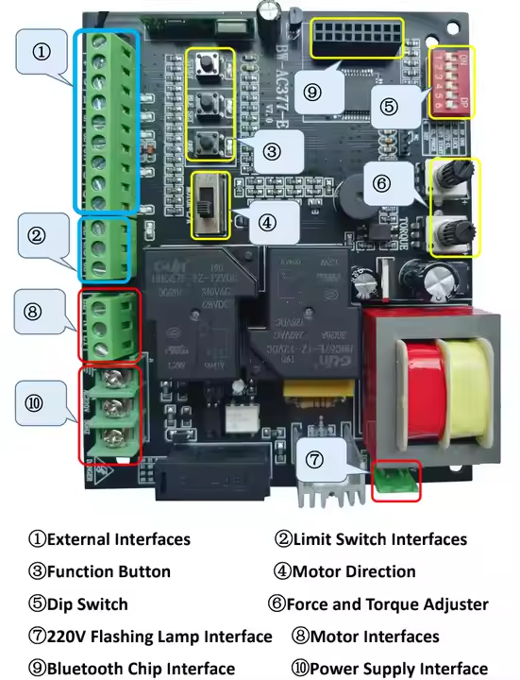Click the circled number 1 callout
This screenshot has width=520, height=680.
[42, 53]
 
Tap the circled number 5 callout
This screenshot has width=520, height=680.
[390, 107]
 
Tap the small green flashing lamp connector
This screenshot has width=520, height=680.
[394, 480]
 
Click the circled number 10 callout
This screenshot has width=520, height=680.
[34, 403]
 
